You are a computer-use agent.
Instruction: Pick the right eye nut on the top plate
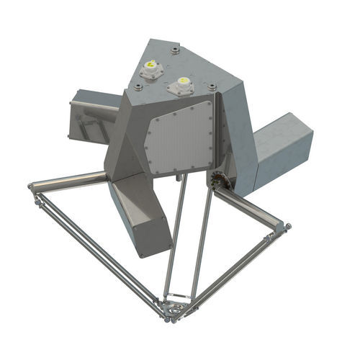tap(213, 88)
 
